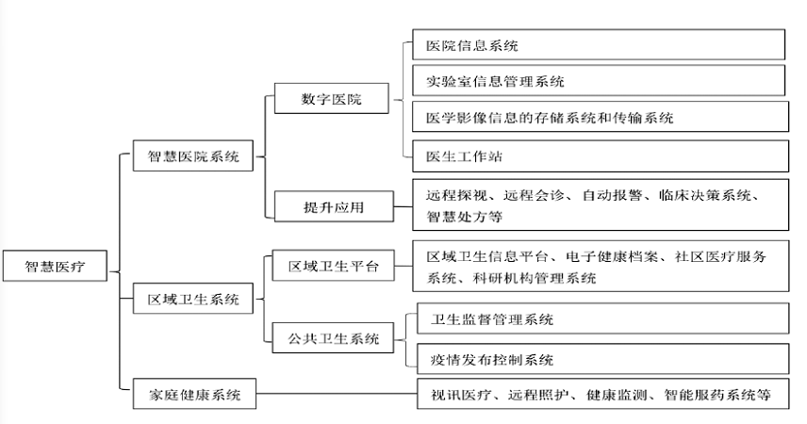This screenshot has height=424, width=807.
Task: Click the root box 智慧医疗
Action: pyautogui.click(x=55, y=268)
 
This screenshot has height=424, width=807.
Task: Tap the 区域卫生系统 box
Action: pyautogui.click(x=193, y=301)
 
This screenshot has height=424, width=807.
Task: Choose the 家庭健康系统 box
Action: pyautogui.click(x=193, y=395)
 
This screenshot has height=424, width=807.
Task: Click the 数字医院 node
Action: pyautogui.click(x=332, y=98)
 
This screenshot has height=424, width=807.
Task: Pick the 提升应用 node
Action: pyautogui.click(x=332, y=206)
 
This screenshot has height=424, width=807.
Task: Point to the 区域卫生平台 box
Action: pyautogui.click(x=332, y=267)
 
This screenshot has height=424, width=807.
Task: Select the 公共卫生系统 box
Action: pyautogui.click(x=332, y=337)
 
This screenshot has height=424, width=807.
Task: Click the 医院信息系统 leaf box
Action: pyautogui.click(x=599, y=45)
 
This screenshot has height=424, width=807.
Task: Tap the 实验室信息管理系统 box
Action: pyautogui.click(x=599, y=81)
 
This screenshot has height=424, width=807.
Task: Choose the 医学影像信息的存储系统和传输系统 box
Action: pyautogui.click(x=599, y=117)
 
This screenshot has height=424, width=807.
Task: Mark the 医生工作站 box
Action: pyautogui.click(x=599, y=155)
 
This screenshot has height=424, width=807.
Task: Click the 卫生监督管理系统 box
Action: pyautogui.click(x=599, y=319)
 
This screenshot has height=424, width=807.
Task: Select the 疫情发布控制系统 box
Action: pyautogui.click(x=599, y=359)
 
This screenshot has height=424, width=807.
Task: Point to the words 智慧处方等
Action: pyautogui.click(x=464, y=217)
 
